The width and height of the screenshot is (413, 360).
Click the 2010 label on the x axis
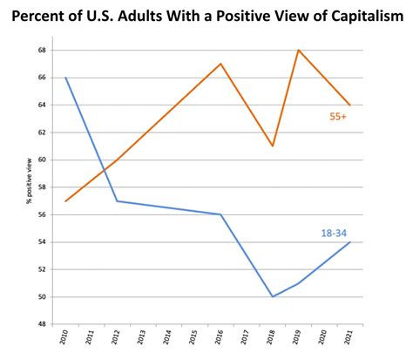pyautogui.click(x=64, y=338)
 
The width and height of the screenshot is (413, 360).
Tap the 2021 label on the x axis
pyautogui.click(x=350, y=338)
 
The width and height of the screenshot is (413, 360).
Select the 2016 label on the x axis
pyautogui.click(x=220, y=338)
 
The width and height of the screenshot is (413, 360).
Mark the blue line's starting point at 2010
pyautogui.click(x=65, y=78)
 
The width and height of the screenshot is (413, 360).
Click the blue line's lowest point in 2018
pyautogui.click(x=273, y=296)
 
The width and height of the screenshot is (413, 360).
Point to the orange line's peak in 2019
pyautogui.click(x=299, y=50)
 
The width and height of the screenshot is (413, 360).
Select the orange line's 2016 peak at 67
pyautogui.click(x=221, y=64)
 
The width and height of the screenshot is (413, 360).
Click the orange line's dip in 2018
pyautogui.click(x=273, y=146)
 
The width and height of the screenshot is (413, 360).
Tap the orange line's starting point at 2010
pyautogui.click(x=65, y=201)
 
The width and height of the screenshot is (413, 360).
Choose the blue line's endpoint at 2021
pyautogui.click(x=350, y=242)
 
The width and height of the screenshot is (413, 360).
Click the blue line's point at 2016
pyautogui.click(x=221, y=214)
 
